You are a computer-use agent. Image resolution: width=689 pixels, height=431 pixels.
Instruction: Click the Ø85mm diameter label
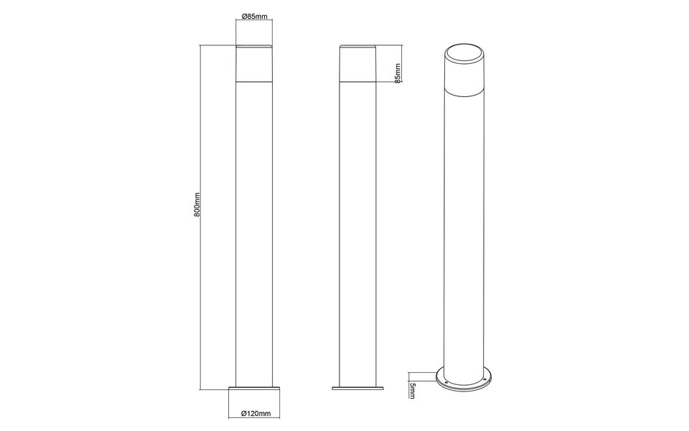click(x=255, y=17)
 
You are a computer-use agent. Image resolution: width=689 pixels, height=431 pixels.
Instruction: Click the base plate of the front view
click(x=254, y=389)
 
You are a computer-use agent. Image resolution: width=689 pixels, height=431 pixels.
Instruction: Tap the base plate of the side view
click(x=358, y=389)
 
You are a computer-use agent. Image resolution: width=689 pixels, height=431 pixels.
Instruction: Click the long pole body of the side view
click(x=358, y=230)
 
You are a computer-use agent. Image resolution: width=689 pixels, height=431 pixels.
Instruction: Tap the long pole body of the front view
click(x=254, y=230)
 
